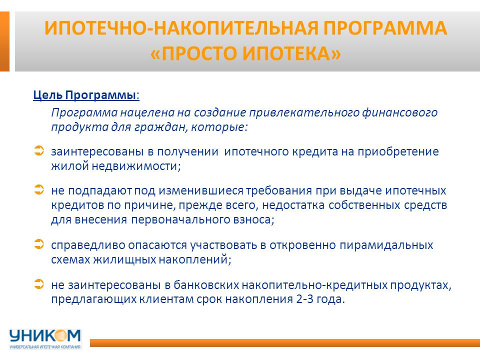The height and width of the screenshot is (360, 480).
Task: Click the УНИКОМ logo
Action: tap(45, 336)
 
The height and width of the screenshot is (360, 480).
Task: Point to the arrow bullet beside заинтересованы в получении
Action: tap(39, 150)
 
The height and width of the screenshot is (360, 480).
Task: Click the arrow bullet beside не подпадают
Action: tap(39, 189)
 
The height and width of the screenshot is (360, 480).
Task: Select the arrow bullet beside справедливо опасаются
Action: tap(39, 244)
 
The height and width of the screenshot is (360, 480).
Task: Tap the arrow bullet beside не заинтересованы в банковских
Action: tap(39, 284)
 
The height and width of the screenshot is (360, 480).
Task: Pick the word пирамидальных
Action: tap(386, 245)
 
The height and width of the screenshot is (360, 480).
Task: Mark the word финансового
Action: tap(400, 112)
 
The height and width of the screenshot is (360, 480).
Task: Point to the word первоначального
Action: tap(180, 220)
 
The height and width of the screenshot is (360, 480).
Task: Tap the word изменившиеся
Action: tap(201, 190)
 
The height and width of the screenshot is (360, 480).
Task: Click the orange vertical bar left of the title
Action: tap(4, 41)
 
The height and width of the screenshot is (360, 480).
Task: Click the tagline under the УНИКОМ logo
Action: tap(45, 347)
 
